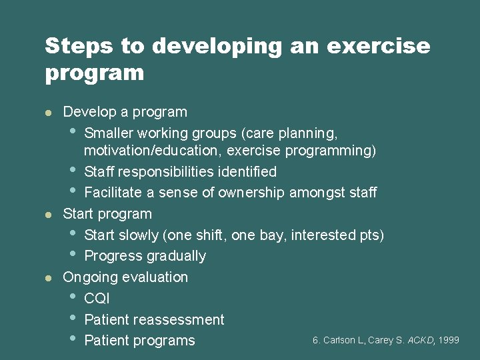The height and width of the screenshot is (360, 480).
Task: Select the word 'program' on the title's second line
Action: click(95, 72)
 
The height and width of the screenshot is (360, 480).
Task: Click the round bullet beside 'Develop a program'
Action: click(48, 112)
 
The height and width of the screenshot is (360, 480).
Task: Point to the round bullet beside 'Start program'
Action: click(48, 214)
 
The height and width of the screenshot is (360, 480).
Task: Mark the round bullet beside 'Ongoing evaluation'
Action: click(48, 277)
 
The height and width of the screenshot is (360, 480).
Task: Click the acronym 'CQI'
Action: click(97, 299)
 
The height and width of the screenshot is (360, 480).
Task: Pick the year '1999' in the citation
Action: click(449, 340)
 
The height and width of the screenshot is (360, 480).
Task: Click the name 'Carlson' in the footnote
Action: click(339, 340)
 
